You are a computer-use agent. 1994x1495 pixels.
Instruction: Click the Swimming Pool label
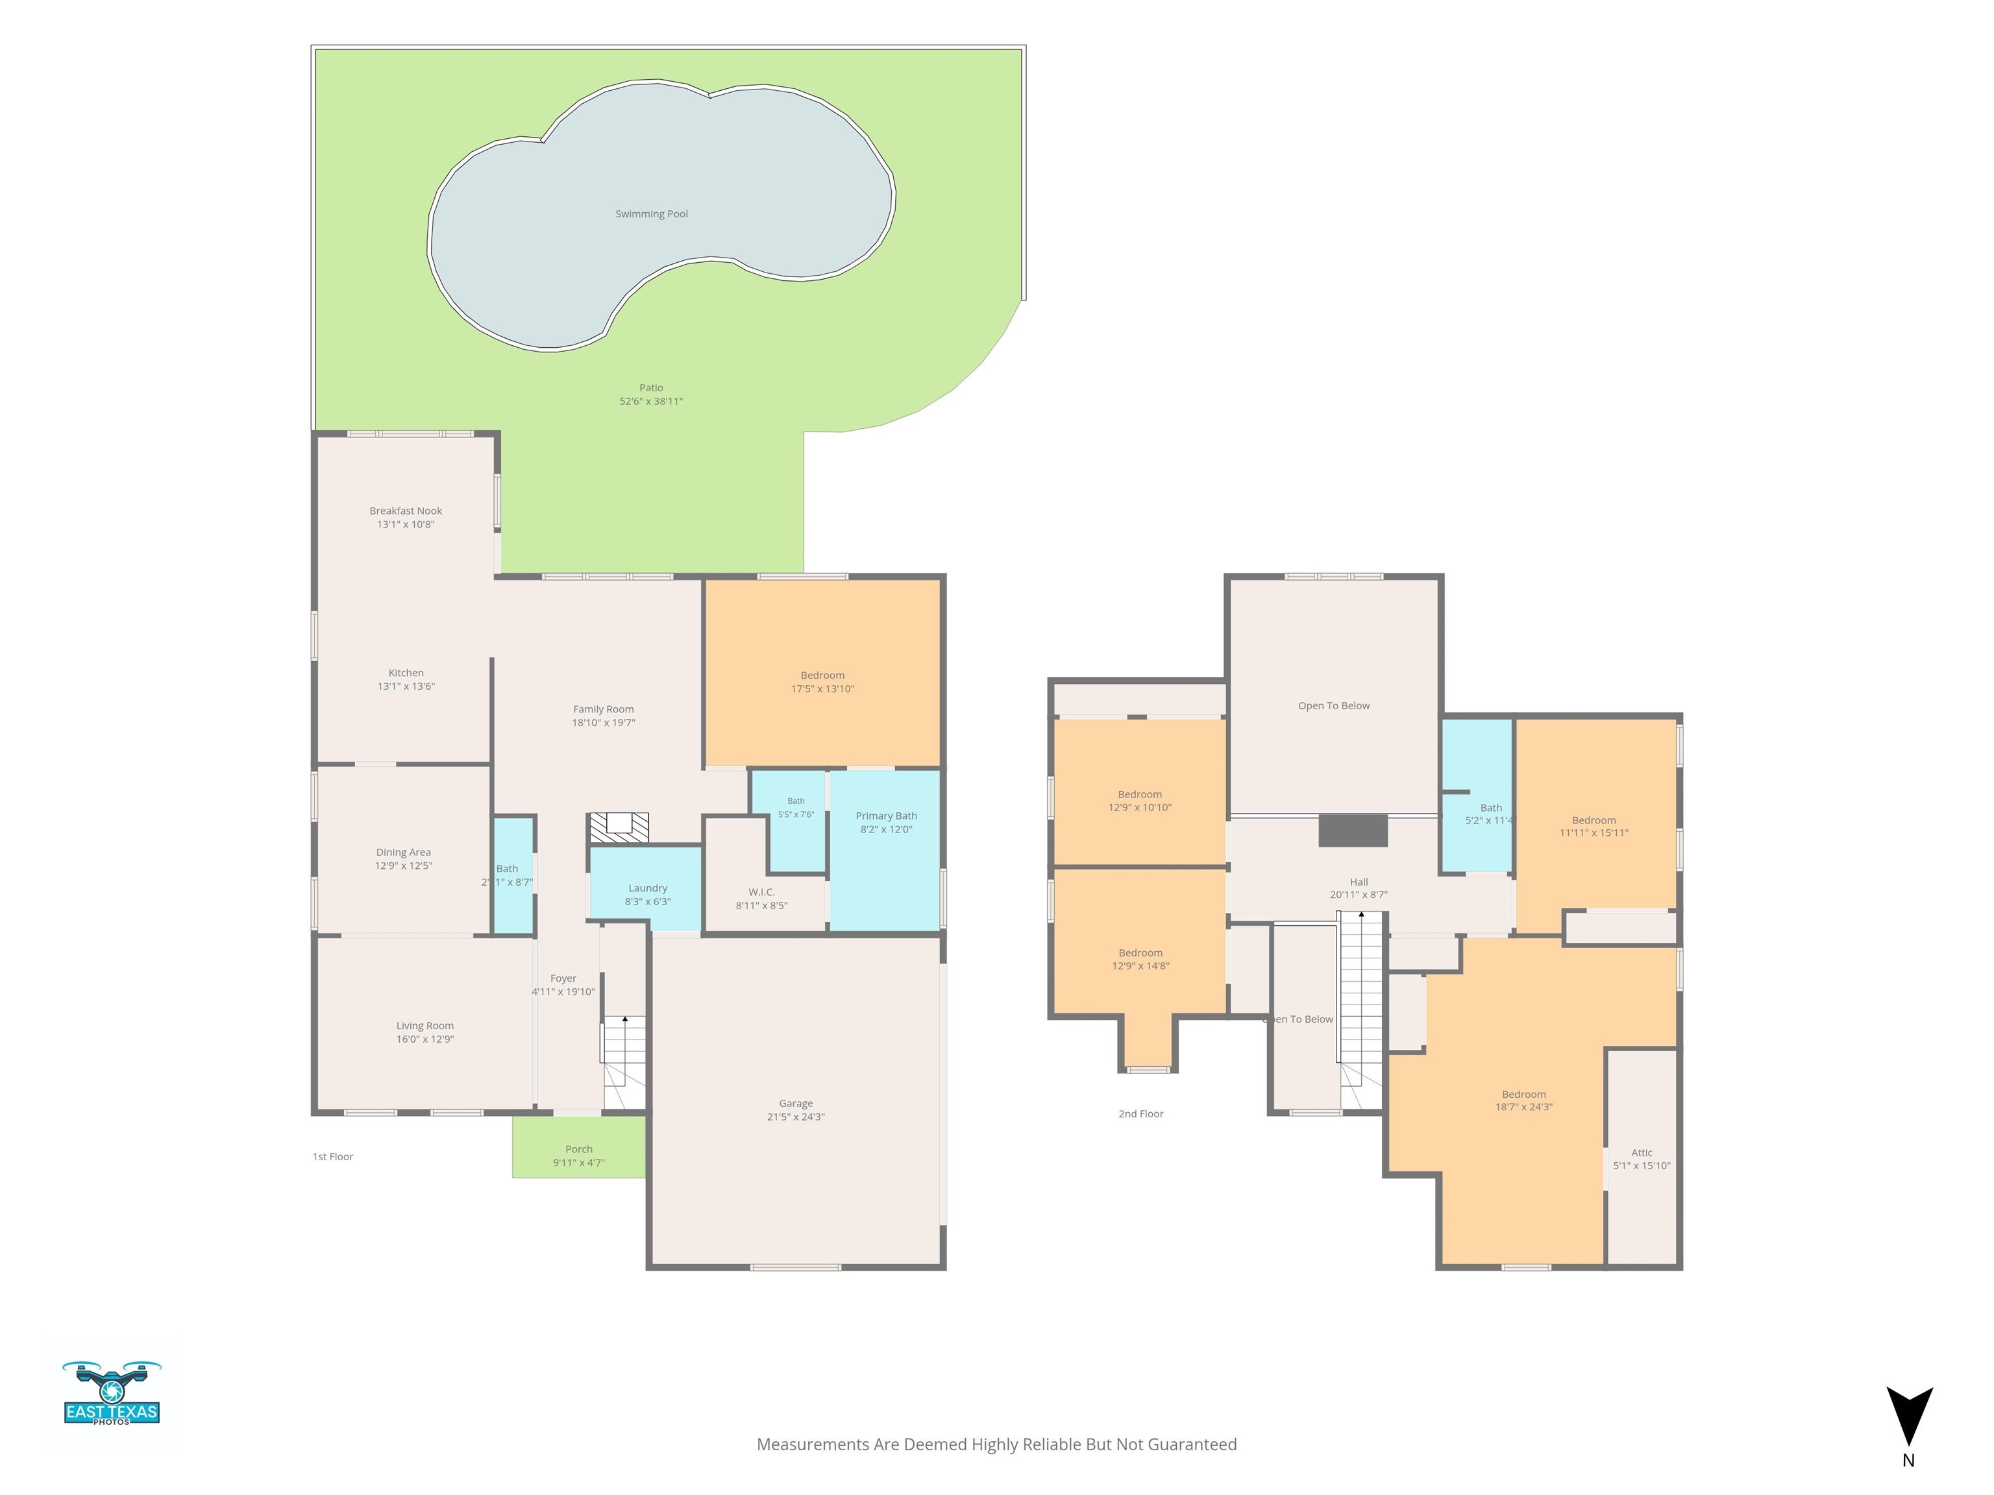pyautogui.click(x=651, y=213)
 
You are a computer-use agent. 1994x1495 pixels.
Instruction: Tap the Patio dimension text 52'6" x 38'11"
pyautogui.click(x=651, y=401)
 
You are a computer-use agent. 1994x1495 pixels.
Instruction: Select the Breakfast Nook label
pyautogui.click(x=406, y=511)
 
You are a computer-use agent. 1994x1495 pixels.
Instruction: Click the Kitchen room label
pyautogui.click(x=406, y=672)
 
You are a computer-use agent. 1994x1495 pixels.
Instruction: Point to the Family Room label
pyautogui.click(x=603, y=709)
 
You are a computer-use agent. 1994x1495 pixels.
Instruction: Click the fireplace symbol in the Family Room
pyautogui.click(x=619, y=828)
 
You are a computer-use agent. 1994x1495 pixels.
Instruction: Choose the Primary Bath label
pyautogui.click(x=886, y=816)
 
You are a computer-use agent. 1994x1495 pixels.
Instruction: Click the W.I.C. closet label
pyautogui.click(x=762, y=892)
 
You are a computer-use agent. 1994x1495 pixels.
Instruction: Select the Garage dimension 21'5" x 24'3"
pyautogui.click(x=796, y=1117)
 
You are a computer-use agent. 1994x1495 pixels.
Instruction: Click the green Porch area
pyautogui.click(x=579, y=1147)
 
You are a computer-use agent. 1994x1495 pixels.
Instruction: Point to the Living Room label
pyautogui.click(x=425, y=1025)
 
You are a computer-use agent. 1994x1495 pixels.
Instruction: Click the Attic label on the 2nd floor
pyautogui.click(x=1642, y=1152)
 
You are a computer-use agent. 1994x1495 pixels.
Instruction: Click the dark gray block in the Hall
pyautogui.click(x=1352, y=831)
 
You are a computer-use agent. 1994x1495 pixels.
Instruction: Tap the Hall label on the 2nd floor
pyautogui.click(x=1359, y=882)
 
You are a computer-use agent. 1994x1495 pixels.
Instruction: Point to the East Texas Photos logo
pyautogui.click(x=112, y=1392)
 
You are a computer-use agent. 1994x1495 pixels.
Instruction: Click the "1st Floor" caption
pyautogui.click(x=332, y=1156)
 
